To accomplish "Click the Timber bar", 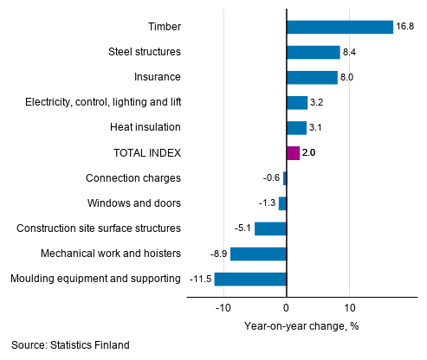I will pos(340,27).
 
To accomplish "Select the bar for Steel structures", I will pos(313,52).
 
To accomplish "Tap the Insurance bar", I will pos(312,77).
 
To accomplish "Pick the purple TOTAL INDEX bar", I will pos(293,153).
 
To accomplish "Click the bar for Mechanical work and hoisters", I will pos(258,254).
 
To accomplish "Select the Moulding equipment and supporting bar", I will pos(250,279).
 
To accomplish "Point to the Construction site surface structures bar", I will pos(270,228).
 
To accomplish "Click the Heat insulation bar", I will pos(296,128).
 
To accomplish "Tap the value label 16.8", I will pos(406,27).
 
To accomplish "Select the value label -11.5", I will pos(199,279).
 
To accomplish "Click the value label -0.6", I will pos(270,178).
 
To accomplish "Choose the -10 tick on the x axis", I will pos(223,307).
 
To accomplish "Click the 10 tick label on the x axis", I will pos(350,307).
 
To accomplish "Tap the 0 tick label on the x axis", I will pos(287,307).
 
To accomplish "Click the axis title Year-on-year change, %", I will pos(301,326).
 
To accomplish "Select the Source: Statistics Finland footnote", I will pos(71,345).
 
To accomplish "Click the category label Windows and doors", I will pos(133,203).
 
